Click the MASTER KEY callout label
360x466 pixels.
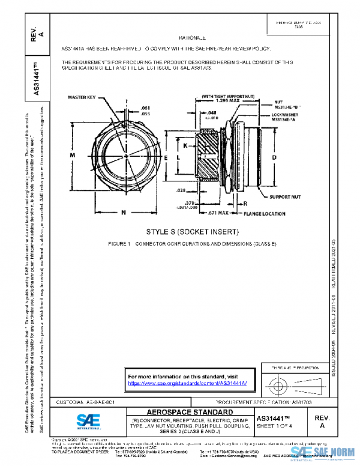point(83,97)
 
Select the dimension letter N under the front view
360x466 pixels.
point(123,212)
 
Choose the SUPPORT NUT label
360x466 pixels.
point(284,196)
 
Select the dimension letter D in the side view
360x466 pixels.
point(274,157)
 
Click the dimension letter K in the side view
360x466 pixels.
point(185,146)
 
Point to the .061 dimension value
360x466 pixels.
point(146,107)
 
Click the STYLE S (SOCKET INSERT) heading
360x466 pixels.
point(184,232)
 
